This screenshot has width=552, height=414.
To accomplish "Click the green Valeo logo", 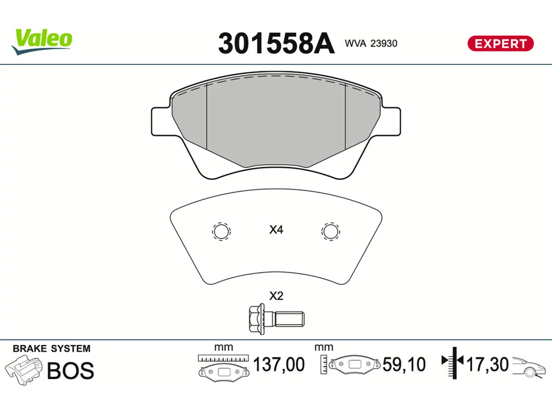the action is coord(42,42).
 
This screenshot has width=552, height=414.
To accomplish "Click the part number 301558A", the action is coord(276,44).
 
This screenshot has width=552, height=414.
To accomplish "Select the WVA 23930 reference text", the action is coord(371,44).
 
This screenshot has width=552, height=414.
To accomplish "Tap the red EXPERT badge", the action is coord(500,44).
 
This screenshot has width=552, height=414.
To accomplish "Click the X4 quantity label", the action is coord(276,230).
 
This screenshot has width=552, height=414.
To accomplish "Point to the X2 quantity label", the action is coord(276,296).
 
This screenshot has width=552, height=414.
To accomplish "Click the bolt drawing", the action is coord(276,319).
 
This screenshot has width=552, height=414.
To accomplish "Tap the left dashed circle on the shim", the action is coord(221,232).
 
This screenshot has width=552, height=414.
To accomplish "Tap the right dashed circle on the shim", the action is coord(330,232).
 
